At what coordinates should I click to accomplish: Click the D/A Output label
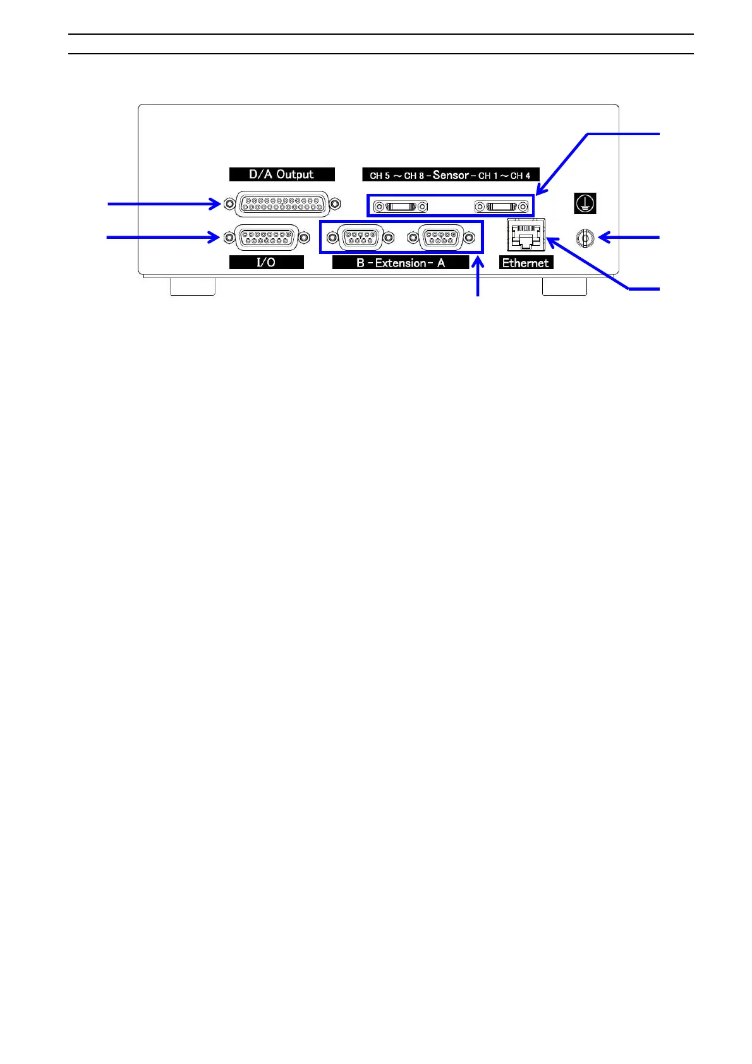pos(281,174)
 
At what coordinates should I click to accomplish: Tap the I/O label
pos(266,262)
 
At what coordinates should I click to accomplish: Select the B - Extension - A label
pos(401,263)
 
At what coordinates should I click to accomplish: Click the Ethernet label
pos(526,263)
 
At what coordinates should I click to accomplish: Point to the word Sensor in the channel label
pos(451,175)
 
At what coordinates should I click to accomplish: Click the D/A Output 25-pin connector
pos(282,204)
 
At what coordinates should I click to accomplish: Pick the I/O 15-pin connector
pos(266,238)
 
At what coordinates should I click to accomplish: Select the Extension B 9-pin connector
pos(360,238)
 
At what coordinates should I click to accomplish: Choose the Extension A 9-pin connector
pos(441,238)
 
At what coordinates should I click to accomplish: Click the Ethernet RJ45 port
pos(526,235)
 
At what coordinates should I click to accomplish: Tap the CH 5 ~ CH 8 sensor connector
pos(401,207)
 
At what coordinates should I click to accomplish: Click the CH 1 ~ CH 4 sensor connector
pos(502,207)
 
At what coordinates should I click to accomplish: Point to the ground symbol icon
pos(585,203)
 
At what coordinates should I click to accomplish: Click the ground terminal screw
pos(585,238)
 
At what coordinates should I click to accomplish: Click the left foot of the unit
pos(193,286)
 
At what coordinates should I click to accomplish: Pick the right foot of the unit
pos(564,286)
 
